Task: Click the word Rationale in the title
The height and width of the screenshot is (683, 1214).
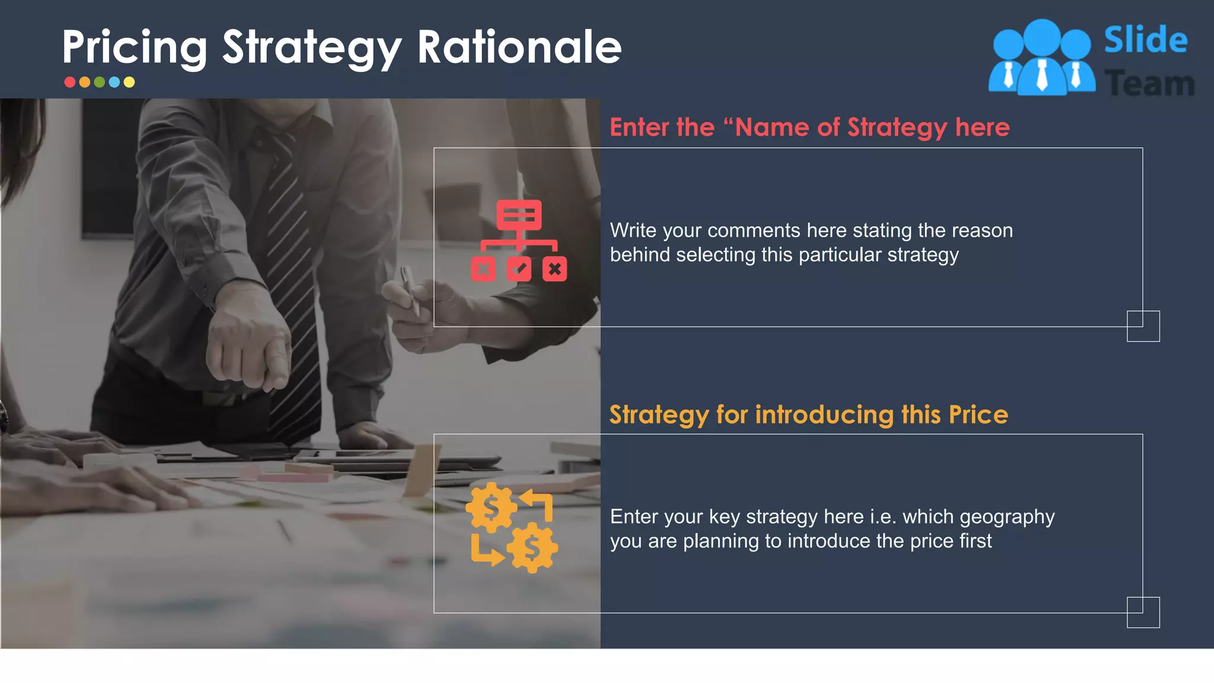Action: click(x=519, y=47)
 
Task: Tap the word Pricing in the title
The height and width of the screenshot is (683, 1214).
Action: click(x=135, y=47)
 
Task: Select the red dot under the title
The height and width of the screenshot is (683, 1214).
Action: click(x=70, y=82)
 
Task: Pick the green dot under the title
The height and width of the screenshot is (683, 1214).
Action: click(x=100, y=82)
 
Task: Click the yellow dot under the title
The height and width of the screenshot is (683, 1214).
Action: click(x=129, y=82)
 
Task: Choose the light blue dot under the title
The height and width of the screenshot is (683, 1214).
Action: click(x=114, y=82)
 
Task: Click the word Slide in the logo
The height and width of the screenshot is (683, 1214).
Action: click(x=1145, y=40)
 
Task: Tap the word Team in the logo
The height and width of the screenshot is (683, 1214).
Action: click(x=1149, y=84)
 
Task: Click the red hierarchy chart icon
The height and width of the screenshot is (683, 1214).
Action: click(x=519, y=240)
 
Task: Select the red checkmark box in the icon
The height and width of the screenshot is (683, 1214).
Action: click(x=519, y=269)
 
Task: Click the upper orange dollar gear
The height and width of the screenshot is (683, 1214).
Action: click(x=491, y=508)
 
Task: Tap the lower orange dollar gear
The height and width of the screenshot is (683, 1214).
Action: click(x=532, y=548)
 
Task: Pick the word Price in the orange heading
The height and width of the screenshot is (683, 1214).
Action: click(x=978, y=415)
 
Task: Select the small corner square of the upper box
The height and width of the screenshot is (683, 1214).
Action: click(x=1143, y=326)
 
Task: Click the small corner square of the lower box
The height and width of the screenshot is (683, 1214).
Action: click(x=1143, y=612)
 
